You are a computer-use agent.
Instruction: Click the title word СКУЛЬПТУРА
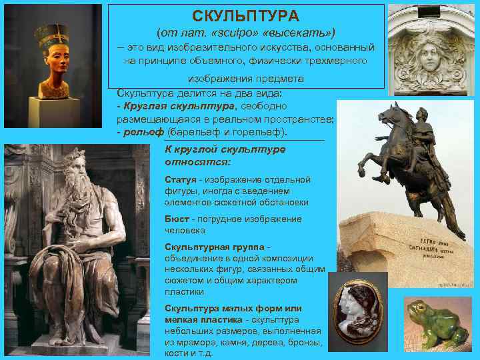point(246,15)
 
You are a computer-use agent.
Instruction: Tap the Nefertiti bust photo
point(54,60)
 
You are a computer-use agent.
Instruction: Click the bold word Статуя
point(181,180)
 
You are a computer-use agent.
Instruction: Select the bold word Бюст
point(177,219)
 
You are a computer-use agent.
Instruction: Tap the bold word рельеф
point(141,132)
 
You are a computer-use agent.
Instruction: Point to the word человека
point(186,231)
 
